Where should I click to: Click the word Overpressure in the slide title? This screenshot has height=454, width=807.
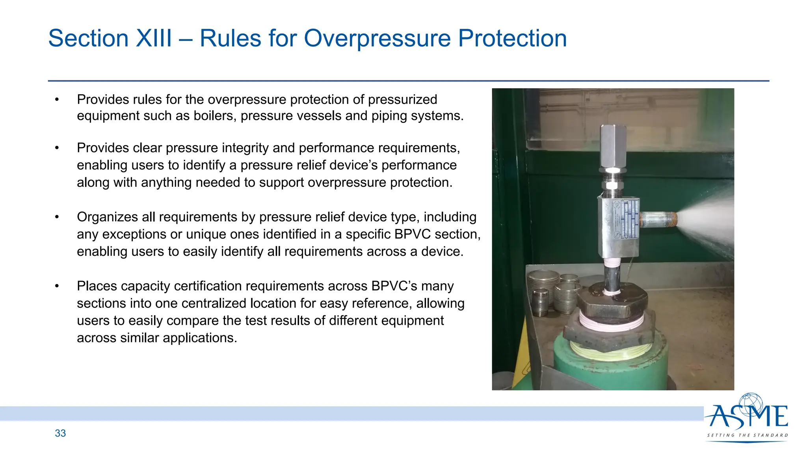[377, 39]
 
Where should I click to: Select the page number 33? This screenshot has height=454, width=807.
[60, 433]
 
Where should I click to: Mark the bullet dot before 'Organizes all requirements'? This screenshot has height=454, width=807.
[57, 217]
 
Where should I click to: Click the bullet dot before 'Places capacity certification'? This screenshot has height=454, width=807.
[57, 286]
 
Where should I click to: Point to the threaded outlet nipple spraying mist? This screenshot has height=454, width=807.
[658, 220]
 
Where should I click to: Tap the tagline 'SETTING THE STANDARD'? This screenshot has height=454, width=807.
[747, 435]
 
